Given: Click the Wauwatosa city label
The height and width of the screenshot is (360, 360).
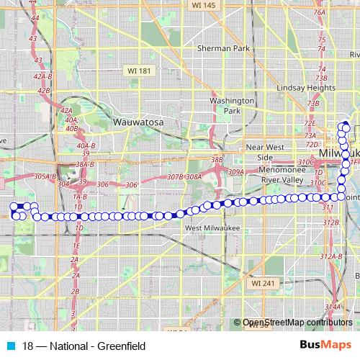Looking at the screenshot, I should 139,123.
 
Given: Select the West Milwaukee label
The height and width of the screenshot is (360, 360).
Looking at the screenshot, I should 212,228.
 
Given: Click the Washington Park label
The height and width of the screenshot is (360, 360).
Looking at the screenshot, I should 231,106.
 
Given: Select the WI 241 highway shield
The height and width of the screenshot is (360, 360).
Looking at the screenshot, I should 264,284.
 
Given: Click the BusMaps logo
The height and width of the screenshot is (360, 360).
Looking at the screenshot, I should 325,345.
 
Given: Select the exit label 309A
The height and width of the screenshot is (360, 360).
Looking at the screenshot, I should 235,173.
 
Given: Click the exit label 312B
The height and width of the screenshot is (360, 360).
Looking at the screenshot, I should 330,222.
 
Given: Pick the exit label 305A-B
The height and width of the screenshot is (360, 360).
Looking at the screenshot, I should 45,176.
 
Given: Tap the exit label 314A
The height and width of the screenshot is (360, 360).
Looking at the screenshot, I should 333,307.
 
